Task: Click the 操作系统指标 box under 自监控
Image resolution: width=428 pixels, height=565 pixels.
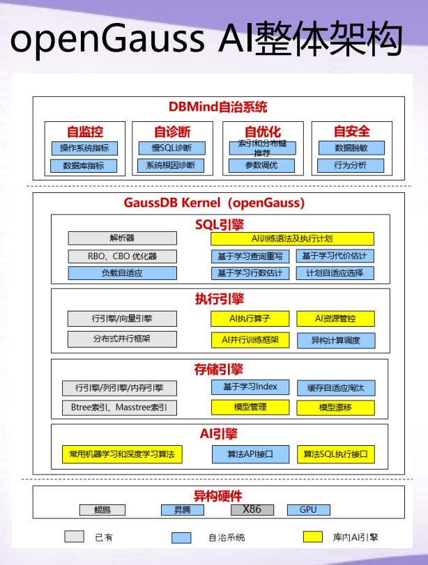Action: [84, 148]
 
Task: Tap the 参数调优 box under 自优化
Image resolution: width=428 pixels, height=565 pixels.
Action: [261, 166]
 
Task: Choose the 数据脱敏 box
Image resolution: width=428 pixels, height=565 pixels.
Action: [351, 148]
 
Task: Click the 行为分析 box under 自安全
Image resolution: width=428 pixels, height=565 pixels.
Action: [351, 166]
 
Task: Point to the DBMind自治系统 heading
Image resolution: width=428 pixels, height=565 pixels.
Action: [217, 107]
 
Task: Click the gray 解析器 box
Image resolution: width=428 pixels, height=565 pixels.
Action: [122, 238]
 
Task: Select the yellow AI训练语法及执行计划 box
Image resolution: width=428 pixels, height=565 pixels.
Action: [292, 238]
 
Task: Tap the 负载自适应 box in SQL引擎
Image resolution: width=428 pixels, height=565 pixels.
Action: [122, 273]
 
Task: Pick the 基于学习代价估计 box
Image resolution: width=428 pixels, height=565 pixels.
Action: [335, 256]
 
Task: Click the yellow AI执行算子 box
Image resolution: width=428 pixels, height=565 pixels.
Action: [250, 318]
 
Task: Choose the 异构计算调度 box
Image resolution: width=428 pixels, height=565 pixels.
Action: [335, 340]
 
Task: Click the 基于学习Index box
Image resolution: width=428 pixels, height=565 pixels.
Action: [250, 387]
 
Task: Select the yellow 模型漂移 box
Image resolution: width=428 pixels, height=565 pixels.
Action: [335, 407]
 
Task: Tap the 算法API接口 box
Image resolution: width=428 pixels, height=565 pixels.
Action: [250, 455]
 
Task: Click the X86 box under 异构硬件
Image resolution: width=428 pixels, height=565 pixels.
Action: [252, 510]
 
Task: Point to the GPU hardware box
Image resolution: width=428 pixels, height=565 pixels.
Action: [308, 510]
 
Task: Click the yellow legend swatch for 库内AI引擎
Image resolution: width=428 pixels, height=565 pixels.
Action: [313, 537]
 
